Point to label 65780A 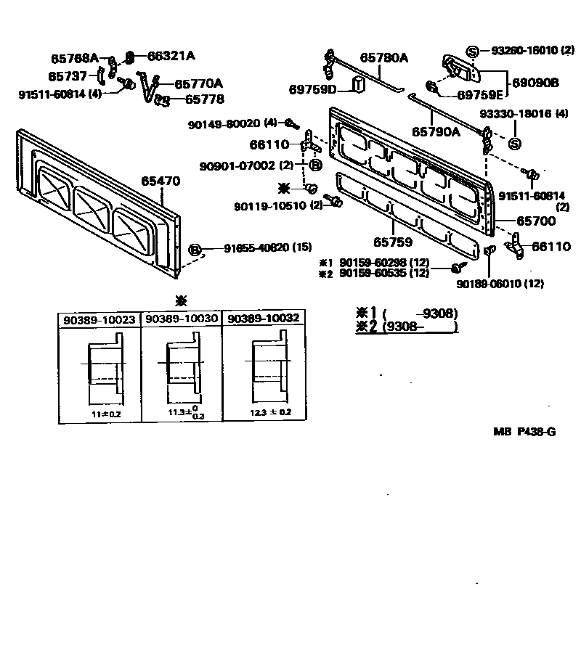point(384,58)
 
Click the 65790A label point(436,132)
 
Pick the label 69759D point(313,89)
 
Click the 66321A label point(171,55)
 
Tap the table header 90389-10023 point(99,319)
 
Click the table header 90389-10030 point(181,319)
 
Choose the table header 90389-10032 point(263,319)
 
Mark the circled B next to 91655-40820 point(195,250)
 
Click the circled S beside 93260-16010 point(473,51)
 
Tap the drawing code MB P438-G point(525,432)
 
